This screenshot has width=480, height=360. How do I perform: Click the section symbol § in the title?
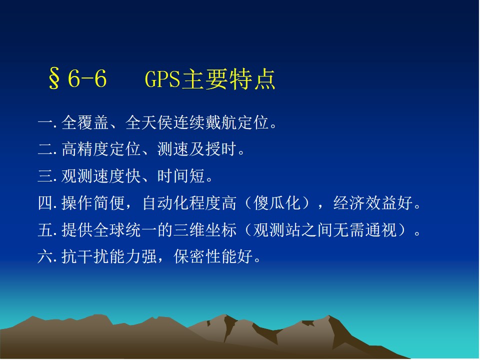pos(54,78)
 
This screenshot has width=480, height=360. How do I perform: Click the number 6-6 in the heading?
pos(87,78)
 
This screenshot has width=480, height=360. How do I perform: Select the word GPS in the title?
pos(162,79)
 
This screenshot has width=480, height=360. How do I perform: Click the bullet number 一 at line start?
pos(45,123)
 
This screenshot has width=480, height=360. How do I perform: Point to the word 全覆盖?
pos(85,122)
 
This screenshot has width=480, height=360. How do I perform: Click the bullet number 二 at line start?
pos(45,149)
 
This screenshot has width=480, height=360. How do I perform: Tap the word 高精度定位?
pos(101,149)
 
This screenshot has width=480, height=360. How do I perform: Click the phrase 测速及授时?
pos(197,149)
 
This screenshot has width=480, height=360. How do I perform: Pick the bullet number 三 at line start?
pos(45,176)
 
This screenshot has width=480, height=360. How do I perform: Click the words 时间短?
pos(181,176)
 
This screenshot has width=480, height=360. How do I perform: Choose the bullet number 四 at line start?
pos(45,203)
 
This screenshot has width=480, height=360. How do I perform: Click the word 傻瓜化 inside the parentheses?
pos(277,202)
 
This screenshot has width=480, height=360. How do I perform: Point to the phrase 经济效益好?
pos(373,202)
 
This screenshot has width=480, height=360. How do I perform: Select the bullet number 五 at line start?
pos(45,230)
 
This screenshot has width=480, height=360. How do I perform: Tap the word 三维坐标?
pos(205,229)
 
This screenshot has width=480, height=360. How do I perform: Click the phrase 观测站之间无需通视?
pos(325,229)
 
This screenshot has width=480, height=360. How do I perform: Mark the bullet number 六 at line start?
pos(45,256)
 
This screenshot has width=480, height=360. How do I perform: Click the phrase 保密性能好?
pos(213,256)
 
